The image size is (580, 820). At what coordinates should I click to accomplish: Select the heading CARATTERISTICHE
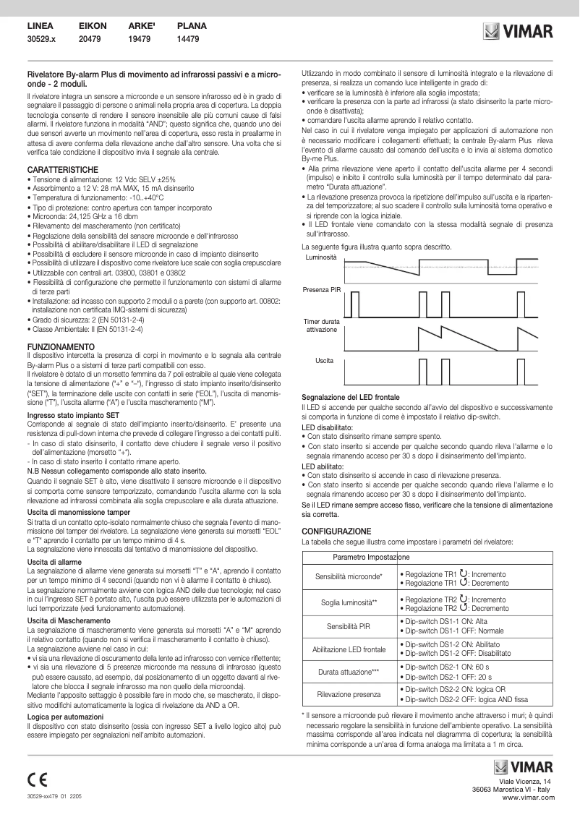point(57,168)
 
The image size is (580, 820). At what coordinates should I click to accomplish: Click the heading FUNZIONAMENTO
point(55,347)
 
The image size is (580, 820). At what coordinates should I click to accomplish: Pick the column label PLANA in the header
point(192,25)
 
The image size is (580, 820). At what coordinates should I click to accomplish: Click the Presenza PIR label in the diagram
point(321,289)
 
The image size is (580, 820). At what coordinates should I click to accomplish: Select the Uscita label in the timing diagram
point(324,359)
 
